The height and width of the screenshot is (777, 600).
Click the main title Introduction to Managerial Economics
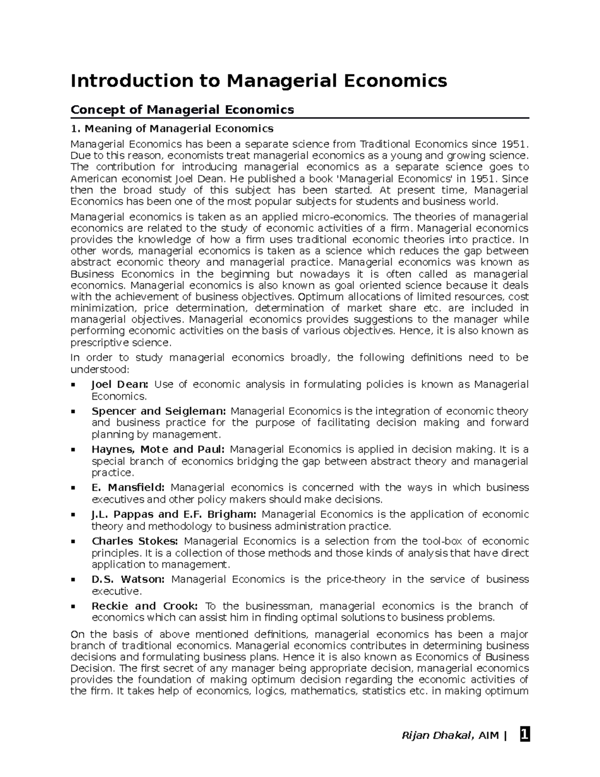[x=258, y=81]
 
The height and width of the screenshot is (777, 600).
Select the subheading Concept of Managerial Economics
[x=182, y=110]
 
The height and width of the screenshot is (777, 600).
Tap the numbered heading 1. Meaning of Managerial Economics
[x=172, y=129]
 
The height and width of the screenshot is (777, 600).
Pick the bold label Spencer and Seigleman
[x=159, y=411]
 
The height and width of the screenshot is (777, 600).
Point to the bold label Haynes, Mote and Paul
[x=158, y=449]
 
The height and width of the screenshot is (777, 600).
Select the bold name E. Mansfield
[x=128, y=488]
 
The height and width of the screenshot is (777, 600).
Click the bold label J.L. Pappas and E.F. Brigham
[x=174, y=514]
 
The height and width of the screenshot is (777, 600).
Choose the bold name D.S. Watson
[x=128, y=579]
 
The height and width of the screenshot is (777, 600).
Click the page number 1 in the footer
[x=524, y=735]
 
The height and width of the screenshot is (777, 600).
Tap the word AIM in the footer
[x=489, y=736]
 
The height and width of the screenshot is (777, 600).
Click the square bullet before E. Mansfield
[x=73, y=488]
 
